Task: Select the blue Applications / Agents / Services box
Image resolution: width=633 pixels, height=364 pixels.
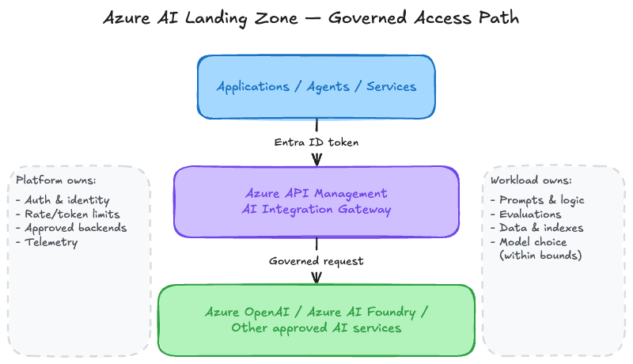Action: [316, 87]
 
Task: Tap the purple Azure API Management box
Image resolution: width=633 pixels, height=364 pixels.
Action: [316, 201]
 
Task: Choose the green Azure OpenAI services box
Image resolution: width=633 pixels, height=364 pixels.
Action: [316, 320]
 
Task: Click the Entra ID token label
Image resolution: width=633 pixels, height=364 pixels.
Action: [316, 142]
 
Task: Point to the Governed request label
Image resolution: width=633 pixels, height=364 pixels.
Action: [316, 261]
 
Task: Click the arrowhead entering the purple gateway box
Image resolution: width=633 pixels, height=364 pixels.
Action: [317, 160]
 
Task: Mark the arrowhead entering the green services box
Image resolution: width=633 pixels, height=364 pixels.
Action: [317, 279]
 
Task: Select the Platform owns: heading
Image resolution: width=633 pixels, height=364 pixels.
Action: [56, 180]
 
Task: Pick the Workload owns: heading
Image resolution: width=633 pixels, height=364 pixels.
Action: [531, 180]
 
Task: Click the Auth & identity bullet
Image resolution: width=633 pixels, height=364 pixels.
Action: [63, 199]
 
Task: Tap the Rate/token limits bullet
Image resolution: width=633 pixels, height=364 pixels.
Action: [68, 214]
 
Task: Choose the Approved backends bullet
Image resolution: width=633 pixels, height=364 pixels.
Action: [71, 228]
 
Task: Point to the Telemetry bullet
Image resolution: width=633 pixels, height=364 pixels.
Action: [47, 242]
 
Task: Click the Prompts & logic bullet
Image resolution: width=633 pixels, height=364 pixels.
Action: [538, 199]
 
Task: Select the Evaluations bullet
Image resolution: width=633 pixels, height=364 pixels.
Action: [526, 214]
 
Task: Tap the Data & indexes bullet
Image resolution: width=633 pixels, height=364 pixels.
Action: [537, 228]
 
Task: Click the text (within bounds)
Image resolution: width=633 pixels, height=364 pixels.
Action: [540, 256]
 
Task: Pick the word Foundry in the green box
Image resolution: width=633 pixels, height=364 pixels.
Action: [391, 313]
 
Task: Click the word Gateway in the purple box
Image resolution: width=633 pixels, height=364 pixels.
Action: [365, 210]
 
